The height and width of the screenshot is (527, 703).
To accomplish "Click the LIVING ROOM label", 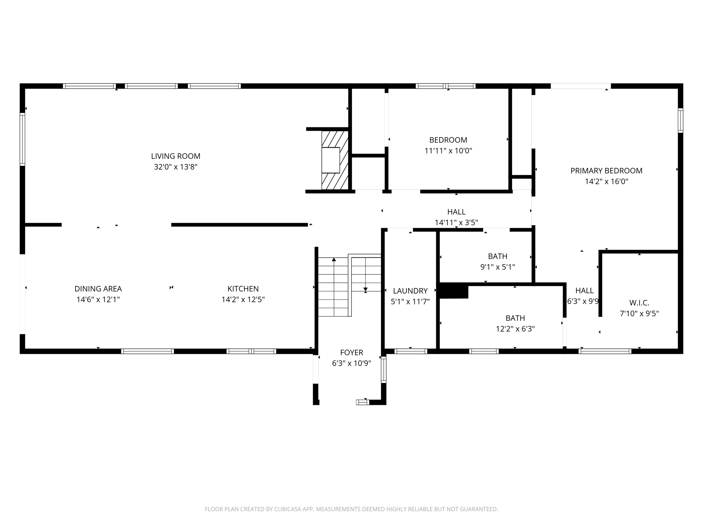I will [x=175, y=156].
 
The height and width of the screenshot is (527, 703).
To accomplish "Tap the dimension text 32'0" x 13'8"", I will [x=175, y=167].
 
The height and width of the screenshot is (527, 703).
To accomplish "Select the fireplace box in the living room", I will [x=331, y=160].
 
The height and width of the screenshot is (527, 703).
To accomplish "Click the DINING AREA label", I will [x=98, y=289].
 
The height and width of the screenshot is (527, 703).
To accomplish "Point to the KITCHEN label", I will [x=243, y=289].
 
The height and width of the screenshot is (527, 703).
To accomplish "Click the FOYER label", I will [x=351, y=352].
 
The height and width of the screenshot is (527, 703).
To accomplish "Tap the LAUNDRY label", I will [x=410, y=291].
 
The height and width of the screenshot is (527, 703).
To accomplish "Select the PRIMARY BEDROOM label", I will [x=606, y=171].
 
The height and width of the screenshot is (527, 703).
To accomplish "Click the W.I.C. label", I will [x=639, y=303].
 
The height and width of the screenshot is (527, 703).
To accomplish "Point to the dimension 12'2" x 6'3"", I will [x=515, y=329].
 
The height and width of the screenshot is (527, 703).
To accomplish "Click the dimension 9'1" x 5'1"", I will [x=497, y=267].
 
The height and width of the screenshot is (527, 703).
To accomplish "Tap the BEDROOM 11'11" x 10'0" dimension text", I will [x=448, y=151].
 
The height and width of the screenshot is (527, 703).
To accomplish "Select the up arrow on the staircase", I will [x=334, y=260].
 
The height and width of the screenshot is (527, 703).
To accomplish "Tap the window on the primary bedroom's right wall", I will [x=680, y=120].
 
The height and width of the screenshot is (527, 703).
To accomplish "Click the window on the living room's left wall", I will [x=22, y=139].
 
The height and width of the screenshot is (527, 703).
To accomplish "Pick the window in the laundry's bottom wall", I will [x=411, y=351].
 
